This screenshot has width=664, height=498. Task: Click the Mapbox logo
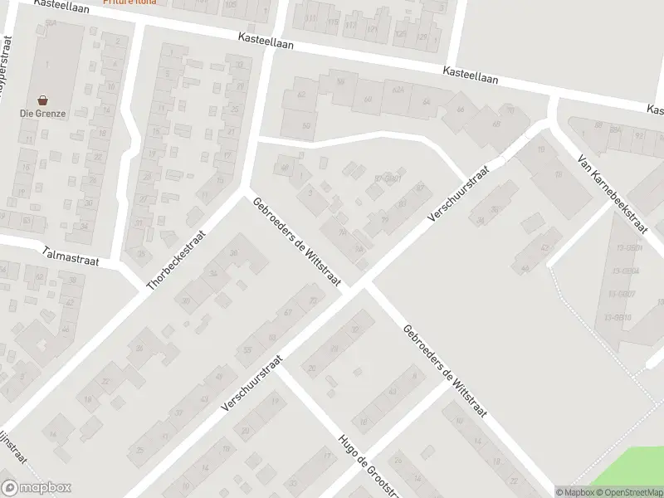[x=37, y=488]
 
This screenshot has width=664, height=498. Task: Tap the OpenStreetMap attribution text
[x=629, y=492]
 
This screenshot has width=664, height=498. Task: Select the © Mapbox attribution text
[x=575, y=492]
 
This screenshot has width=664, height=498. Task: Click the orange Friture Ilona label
[x=129, y=2]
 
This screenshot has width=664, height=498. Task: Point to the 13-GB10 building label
[x=619, y=318]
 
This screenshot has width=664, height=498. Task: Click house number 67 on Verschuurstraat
[x=288, y=313]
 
